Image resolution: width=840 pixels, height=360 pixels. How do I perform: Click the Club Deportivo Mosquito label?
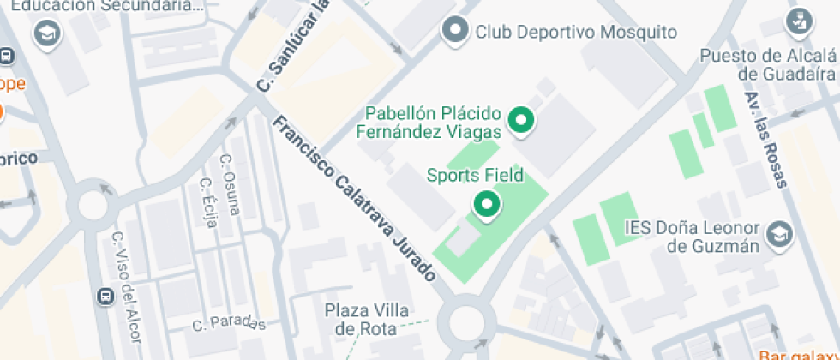576,33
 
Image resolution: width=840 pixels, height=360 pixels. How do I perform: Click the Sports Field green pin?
487,205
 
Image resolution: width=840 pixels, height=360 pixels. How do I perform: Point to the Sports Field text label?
475,176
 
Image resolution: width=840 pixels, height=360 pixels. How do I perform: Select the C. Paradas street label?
229,323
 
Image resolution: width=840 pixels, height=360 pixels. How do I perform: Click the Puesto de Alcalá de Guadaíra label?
767,65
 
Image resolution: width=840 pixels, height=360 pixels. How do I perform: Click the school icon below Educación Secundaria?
45,33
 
